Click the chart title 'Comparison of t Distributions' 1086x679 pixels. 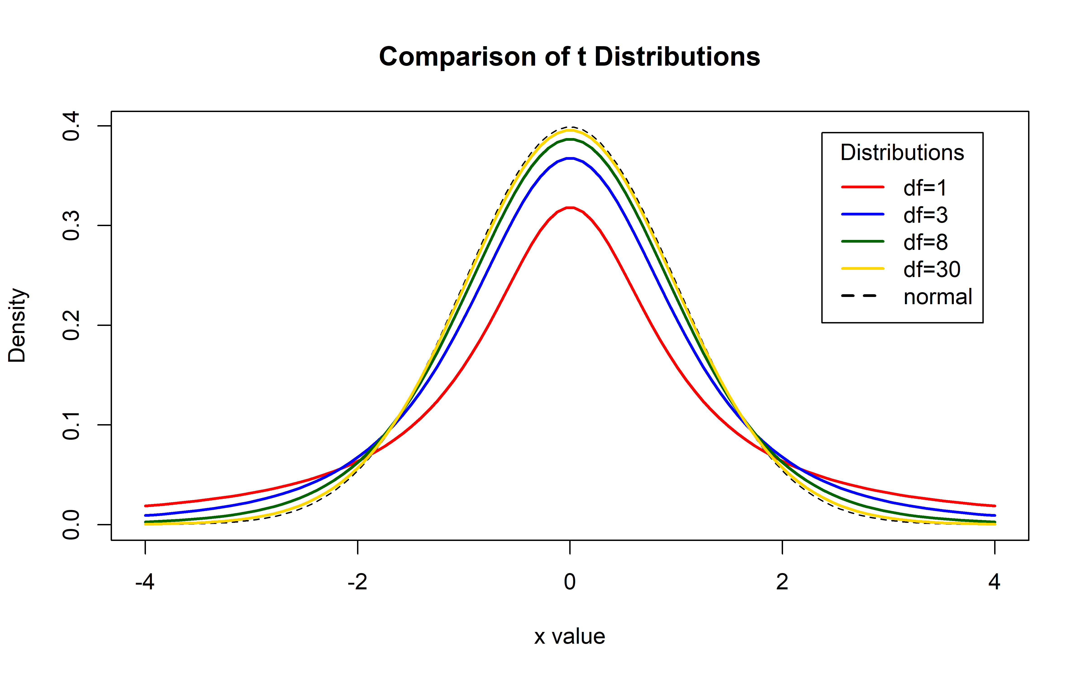[x=569, y=57]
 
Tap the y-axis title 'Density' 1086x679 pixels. [x=17, y=325]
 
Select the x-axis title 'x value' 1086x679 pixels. [x=569, y=636]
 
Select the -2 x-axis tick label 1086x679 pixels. [x=357, y=582]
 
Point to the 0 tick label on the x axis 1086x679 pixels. [x=569, y=582]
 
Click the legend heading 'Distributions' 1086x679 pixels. [x=902, y=153]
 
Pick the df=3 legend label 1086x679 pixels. [x=925, y=215]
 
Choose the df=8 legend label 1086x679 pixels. [x=925, y=242]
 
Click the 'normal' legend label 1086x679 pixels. [x=937, y=297]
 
